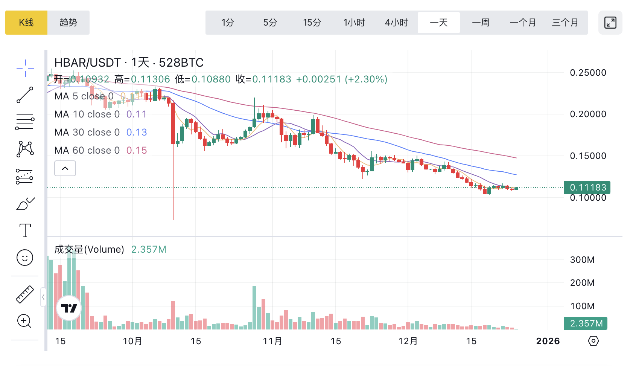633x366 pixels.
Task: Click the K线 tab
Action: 26,23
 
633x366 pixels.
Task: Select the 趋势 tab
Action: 68,23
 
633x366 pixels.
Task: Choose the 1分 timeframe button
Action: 228,23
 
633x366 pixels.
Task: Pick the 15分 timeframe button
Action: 312,23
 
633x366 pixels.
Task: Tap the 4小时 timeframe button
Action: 396,23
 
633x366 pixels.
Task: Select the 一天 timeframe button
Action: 439,23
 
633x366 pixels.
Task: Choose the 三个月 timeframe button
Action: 565,23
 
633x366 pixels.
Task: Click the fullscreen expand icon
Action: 610,23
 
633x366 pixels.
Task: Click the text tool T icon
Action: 25,230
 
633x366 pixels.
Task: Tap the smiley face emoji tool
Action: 25,258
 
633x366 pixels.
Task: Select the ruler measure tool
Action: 25,294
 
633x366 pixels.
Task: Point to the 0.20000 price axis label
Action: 588,114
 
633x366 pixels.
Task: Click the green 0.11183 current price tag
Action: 587,187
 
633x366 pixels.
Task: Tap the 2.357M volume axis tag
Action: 586,323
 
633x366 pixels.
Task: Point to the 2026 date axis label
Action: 548,341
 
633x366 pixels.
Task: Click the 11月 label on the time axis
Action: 272,341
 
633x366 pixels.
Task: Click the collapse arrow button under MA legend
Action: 65,168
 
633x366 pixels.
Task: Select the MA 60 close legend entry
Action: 87,150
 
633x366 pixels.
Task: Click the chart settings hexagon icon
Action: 593,341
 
